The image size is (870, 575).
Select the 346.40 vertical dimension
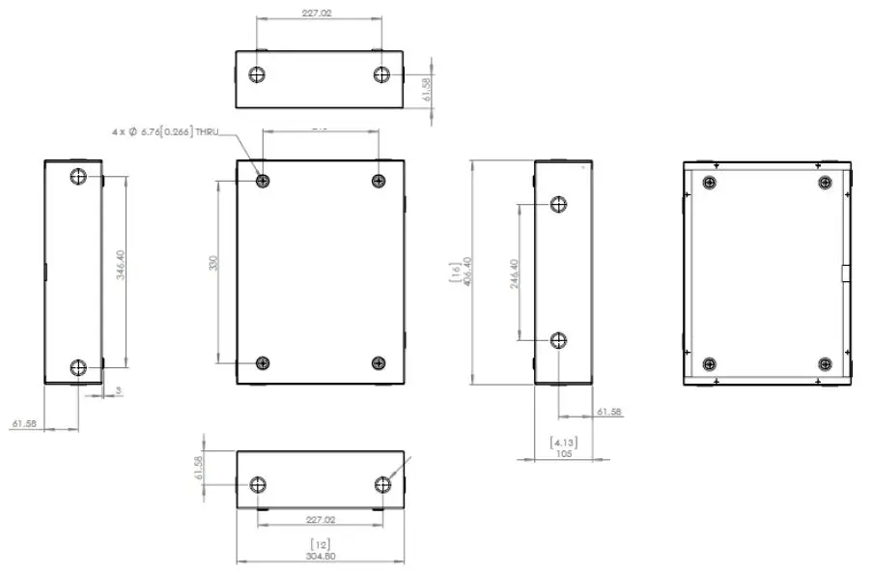tap(120, 265)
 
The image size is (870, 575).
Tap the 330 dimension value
tap(214, 264)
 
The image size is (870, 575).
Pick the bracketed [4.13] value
tap(563, 442)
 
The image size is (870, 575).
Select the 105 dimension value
tap(564, 452)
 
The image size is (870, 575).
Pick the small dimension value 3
tap(119, 391)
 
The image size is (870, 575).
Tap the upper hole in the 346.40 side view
tap(79, 177)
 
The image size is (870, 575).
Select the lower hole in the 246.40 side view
tap(558, 339)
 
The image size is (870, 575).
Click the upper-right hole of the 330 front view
tap(379, 181)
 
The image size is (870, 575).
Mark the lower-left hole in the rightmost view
tap(710, 364)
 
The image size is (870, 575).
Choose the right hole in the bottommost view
tap(383, 484)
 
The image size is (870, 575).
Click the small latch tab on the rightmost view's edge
tap(845, 273)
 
